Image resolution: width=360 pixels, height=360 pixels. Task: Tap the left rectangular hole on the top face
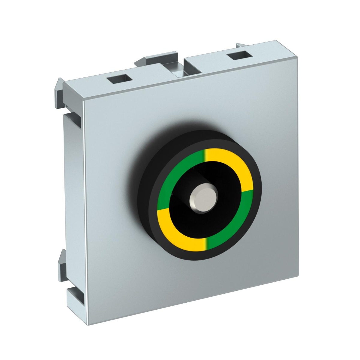119,79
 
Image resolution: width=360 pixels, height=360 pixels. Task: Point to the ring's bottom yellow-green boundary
205,244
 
